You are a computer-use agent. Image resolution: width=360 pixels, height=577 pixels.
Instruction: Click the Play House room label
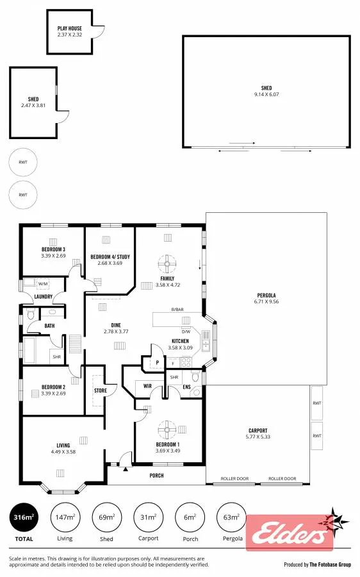click(x=69, y=28)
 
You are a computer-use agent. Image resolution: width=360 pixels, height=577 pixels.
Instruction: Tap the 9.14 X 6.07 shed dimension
click(x=266, y=94)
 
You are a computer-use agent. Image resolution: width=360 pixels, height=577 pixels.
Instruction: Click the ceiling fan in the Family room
click(x=167, y=263)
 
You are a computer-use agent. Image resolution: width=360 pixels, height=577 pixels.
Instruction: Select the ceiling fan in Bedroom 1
click(x=167, y=430)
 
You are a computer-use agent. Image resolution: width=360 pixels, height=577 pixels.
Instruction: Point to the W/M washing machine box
click(x=43, y=284)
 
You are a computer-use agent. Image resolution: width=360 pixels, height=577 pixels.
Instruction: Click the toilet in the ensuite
click(x=195, y=377)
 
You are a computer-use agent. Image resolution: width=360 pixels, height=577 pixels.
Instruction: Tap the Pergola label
click(x=266, y=295)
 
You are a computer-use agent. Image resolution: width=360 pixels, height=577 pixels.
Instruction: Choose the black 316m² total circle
click(x=24, y=517)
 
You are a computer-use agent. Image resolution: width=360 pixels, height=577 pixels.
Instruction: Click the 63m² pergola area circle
click(x=232, y=517)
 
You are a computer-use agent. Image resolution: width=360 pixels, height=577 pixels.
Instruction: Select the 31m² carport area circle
click(x=148, y=517)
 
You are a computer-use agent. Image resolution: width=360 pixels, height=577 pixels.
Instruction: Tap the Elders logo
click(x=290, y=532)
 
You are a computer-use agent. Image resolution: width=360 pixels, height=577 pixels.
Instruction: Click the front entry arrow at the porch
click(x=126, y=469)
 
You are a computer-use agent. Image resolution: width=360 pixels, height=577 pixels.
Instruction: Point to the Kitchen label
click(x=180, y=341)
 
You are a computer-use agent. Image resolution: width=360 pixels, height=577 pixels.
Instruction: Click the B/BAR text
click(x=177, y=310)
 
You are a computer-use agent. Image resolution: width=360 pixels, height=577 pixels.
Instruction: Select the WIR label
click(x=147, y=386)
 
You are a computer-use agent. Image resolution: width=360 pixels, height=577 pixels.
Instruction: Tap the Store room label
click(x=101, y=390)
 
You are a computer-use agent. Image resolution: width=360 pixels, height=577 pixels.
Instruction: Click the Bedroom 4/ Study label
click(x=110, y=256)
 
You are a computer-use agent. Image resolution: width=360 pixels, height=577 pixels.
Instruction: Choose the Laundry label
click(x=44, y=297)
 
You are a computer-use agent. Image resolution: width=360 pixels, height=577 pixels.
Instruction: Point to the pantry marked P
click(x=158, y=362)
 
